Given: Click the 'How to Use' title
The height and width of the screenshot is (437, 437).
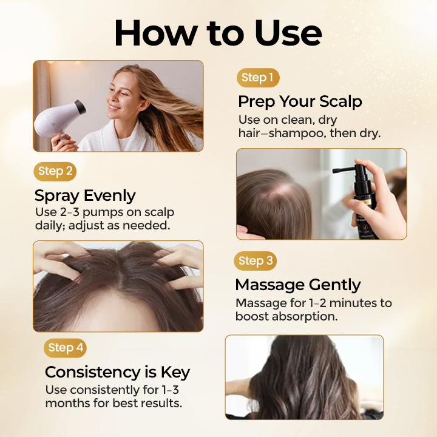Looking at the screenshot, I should pos(218,33).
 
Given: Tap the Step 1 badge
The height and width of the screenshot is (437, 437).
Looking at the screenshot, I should pos(257,78).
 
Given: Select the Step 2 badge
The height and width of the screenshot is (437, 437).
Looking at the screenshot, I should pos(55,171).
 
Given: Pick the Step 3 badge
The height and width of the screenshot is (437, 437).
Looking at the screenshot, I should pos(255,261).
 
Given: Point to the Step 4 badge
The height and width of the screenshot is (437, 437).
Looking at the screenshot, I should pos(65,348).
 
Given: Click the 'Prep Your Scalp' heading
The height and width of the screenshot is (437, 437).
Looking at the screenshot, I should pos(300,101).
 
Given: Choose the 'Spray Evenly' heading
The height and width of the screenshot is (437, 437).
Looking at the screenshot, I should pos(85,195).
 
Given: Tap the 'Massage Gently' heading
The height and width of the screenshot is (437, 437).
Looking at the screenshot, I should pos(297,285).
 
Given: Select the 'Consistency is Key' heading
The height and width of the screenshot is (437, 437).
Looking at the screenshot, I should pos(117,371).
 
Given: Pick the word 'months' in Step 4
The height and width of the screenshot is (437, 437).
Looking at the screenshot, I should pos(66,403).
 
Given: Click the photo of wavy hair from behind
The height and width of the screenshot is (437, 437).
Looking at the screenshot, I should pos(304,377).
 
